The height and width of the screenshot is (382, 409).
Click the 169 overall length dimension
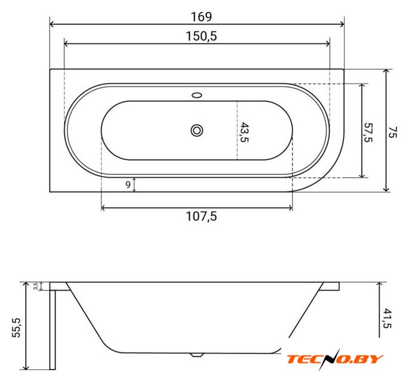[x=201, y=17]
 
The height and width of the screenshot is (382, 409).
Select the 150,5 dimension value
[x=201, y=36]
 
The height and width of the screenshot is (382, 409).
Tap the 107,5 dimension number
[x=201, y=216]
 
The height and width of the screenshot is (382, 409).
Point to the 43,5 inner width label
[x=244, y=132]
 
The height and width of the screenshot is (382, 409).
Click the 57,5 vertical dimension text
[x=368, y=133]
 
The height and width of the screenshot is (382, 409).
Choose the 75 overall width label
[x=392, y=132]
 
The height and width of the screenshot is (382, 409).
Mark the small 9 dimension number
[x=128, y=184]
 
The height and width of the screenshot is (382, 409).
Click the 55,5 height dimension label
[x=16, y=328]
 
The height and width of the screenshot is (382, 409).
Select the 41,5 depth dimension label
[x=388, y=318]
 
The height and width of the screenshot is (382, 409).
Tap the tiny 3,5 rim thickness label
[x=36, y=286]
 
